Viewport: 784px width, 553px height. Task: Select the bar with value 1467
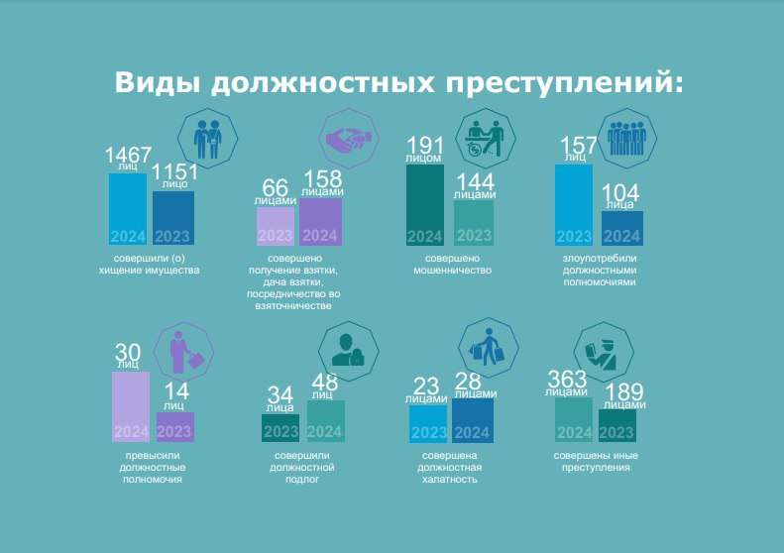click(x=128, y=208)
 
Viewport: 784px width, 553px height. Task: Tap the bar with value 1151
click(x=173, y=217)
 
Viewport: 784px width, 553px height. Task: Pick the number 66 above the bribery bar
click(x=275, y=187)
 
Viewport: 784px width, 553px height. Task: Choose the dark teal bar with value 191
click(x=425, y=204)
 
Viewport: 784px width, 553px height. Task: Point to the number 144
click(x=474, y=182)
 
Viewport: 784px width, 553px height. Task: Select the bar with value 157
click(x=574, y=204)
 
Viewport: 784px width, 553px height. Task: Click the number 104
click(x=620, y=192)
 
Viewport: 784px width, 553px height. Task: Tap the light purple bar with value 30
click(x=131, y=405)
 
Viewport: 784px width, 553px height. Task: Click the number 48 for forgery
click(x=325, y=383)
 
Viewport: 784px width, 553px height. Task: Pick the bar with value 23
click(x=428, y=423)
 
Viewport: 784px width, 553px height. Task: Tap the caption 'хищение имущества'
click(x=151, y=270)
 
